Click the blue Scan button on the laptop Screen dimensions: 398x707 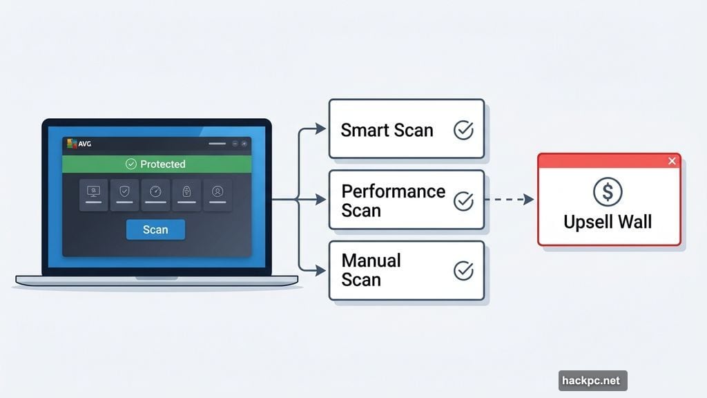(x=155, y=229)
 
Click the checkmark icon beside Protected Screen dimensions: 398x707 (x=130, y=164)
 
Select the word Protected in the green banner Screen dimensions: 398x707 (x=163, y=164)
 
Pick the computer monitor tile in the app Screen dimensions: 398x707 (x=93, y=193)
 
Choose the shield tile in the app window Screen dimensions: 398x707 (x=124, y=193)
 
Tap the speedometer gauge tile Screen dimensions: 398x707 (x=155, y=193)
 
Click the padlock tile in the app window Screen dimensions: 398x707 (x=186, y=193)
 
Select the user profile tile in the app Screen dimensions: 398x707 (x=217, y=193)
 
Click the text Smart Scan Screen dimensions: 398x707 (x=387, y=130)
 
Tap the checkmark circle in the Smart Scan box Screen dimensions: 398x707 (x=463, y=130)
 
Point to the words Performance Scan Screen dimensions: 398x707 (x=393, y=200)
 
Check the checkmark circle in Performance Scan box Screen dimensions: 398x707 (x=463, y=201)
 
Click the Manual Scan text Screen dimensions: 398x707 (x=371, y=270)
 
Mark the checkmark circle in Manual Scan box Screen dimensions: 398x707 (x=463, y=271)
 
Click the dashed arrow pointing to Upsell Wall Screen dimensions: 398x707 (x=510, y=200)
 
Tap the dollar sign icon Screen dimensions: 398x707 (x=608, y=192)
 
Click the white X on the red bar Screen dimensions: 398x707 (x=672, y=161)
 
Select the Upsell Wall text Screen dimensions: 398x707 (x=608, y=222)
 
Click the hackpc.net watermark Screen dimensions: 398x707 (x=592, y=380)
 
